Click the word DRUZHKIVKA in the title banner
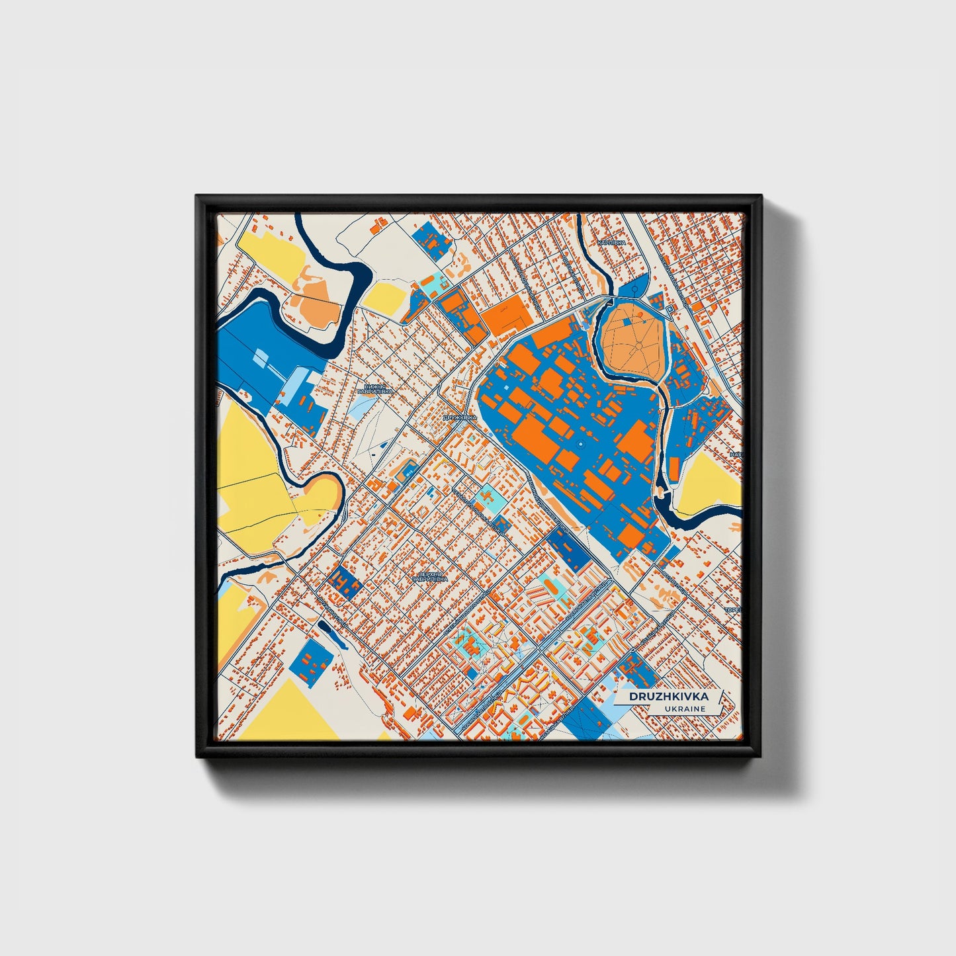coord(668,697)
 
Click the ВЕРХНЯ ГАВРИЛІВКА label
coord(429,576)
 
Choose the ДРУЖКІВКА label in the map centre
coord(459,418)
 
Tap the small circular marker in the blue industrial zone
coord(580,445)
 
